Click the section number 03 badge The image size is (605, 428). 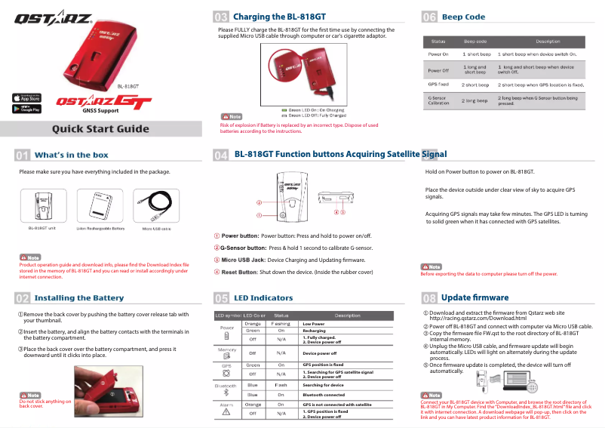[x=222, y=16]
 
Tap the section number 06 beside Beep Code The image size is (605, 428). [x=429, y=16]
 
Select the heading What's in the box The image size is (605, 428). [x=71, y=155]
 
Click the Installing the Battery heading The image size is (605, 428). [x=78, y=297]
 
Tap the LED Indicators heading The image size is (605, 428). [x=263, y=298]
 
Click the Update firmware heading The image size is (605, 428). [x=474, y=297]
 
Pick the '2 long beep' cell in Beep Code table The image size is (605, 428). [x=475, y=100]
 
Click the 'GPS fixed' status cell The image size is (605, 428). [x=438, y=85]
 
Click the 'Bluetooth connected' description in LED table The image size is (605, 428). [x=324, y=395]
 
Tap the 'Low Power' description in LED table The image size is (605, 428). [x=313, y=323]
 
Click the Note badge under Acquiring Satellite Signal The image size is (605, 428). [x=431, y=266]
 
